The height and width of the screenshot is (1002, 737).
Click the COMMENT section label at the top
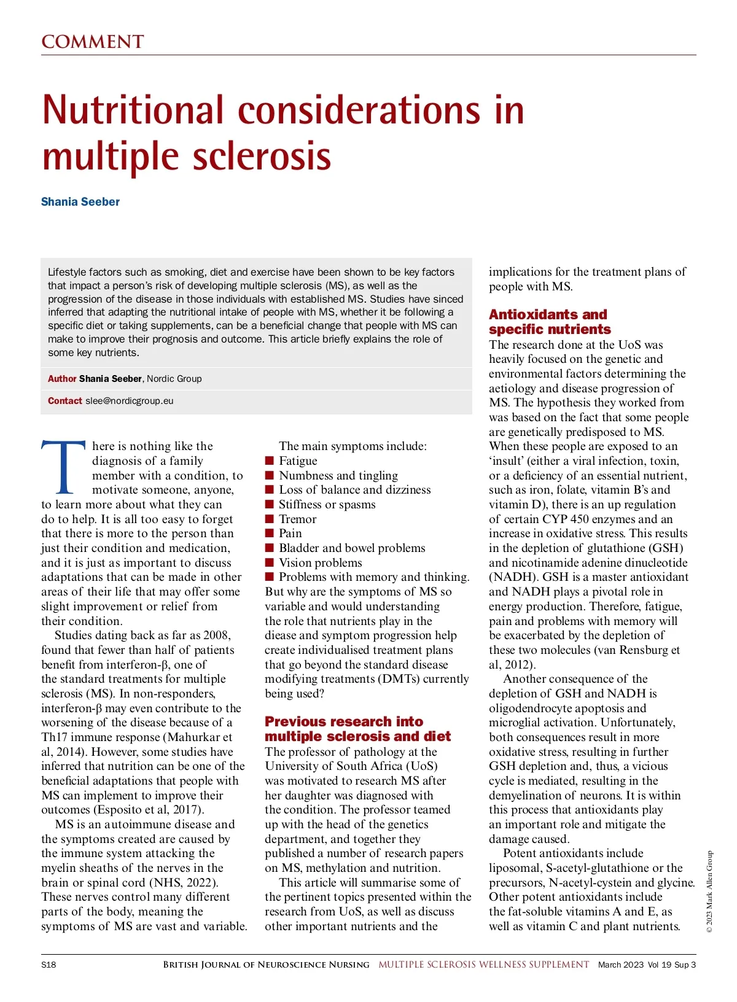coord(92,42)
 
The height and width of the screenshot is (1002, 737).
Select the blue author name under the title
coord(80,201)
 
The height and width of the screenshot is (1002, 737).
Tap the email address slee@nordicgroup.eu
coord(130,401)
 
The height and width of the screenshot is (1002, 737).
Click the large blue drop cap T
coord(63,468)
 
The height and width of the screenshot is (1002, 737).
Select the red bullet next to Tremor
coord(269,519)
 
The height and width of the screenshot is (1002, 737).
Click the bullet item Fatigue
coord(298,461)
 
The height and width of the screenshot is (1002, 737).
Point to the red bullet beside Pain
coord(269,534)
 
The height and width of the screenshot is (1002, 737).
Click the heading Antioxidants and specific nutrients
coord(549,322)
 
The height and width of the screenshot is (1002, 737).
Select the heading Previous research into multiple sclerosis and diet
coord(357,729)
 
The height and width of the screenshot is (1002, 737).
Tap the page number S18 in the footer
coord(49,965)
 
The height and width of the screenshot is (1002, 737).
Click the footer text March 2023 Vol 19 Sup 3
coord(647,965)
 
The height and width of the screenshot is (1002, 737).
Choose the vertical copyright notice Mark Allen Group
coord(709,891)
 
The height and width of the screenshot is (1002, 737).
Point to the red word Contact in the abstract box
coord(64,401)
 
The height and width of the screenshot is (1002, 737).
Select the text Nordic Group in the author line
coord(174,379)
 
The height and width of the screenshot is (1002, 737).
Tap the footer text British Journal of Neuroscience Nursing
coord(266,965)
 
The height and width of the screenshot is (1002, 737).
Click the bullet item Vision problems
coord(320,562)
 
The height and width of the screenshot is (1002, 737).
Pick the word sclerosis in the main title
coord(262,157)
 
